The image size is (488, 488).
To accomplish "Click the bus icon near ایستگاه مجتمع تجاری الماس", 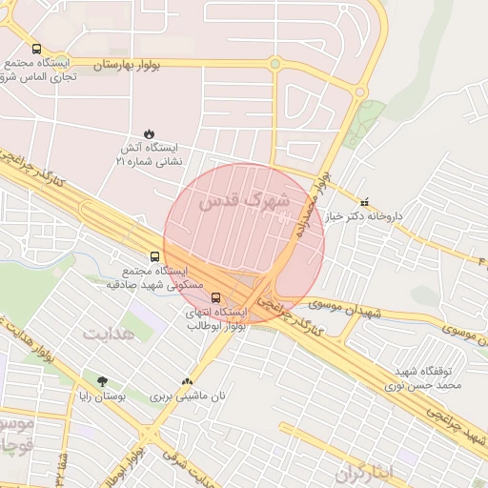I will (x=36, y=49).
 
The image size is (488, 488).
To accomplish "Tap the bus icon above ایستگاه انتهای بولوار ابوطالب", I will (x=215, y=297).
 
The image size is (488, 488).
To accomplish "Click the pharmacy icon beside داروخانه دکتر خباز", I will (x=366, y=201).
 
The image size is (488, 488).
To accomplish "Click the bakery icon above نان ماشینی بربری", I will (x=198, y=380).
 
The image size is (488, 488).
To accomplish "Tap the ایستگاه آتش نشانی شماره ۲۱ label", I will (x=148, y=155).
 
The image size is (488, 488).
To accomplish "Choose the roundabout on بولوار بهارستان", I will (x=274, y=64).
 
